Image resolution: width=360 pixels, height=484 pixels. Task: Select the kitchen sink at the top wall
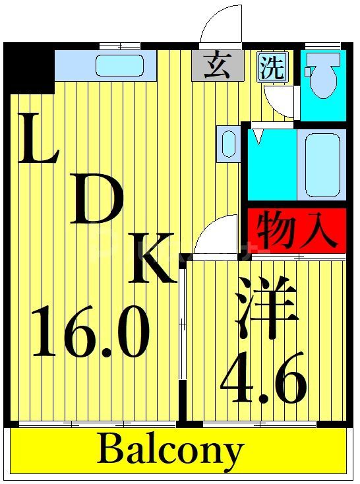pos(119,65)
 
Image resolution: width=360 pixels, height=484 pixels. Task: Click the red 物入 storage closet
pos(297,229)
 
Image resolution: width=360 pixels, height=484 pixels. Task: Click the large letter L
pos(38,140)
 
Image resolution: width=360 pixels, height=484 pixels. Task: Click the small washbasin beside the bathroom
pos(229,143)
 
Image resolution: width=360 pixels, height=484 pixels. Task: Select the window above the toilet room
pos(323,45)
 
